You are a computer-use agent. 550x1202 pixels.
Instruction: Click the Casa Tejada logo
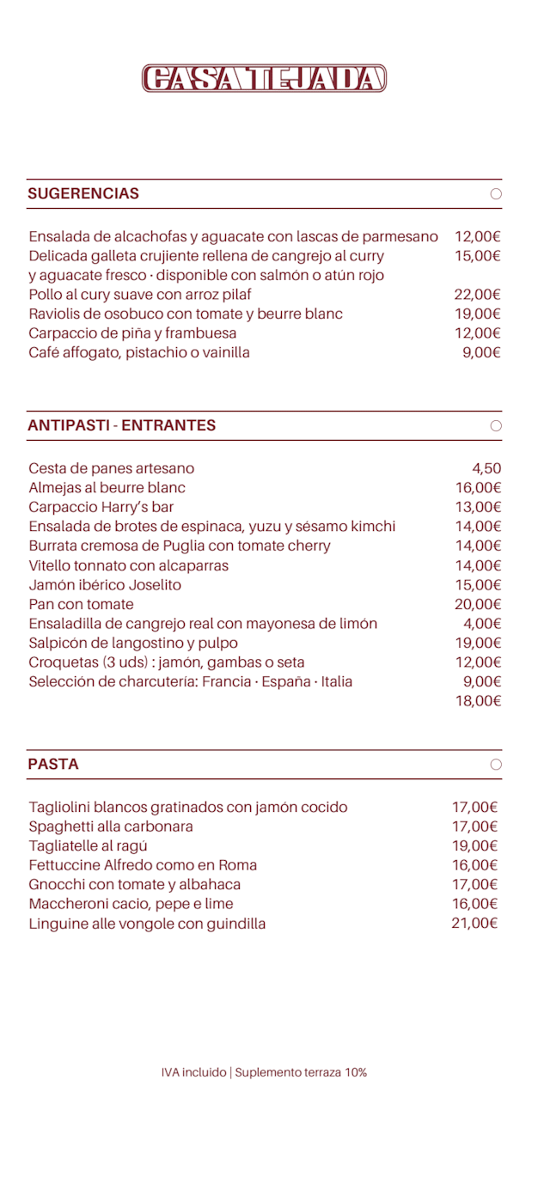coord(264,78)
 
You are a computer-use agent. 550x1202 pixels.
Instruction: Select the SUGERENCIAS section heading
coord(83,193)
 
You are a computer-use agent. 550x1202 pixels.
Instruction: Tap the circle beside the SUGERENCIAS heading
coord(496,194)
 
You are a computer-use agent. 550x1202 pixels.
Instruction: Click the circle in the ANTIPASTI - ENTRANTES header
coord(496,426)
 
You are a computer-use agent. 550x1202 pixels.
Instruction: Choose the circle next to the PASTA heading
coord(496,765)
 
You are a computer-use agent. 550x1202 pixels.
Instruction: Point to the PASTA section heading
coord(53,764)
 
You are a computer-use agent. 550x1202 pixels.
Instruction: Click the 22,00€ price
coord(477,295)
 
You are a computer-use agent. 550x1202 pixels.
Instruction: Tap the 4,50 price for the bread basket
coord(486,468)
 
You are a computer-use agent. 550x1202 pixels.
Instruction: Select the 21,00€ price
coord(475,924)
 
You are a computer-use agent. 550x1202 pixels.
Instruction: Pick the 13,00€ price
coord(478,507)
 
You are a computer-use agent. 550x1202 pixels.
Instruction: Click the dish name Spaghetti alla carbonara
coord(111,827)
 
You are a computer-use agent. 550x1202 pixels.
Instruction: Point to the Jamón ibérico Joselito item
coord(105,585)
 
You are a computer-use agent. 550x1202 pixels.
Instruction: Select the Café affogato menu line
coord(139,352)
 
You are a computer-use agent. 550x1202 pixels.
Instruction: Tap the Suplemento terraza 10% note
coord(301,1072)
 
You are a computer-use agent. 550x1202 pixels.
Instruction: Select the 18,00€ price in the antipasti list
coord(478,701)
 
